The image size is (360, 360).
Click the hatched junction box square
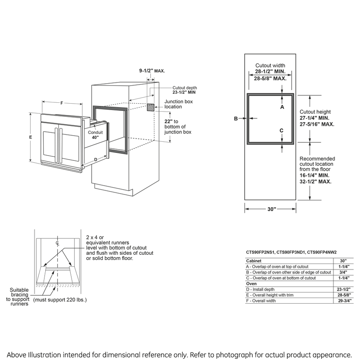click(x=151, y=107)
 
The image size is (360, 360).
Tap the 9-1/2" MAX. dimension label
click(x=152, y=71)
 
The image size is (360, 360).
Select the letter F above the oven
click(x=62, y=103)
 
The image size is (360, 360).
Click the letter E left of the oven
click(x=30, y=137)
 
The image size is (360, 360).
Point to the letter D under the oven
click(x=96, y=159)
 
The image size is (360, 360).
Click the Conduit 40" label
click(x=95, y=134)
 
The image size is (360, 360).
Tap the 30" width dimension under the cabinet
click(x=272, y=209)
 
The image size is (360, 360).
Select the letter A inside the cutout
click(x=282, y=107)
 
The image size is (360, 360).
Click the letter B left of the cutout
click(x=236, y=118)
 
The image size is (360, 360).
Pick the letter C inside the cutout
click(x=282, y=130)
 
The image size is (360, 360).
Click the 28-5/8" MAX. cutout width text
click(x=270, y=79)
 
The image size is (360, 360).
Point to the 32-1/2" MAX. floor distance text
click(x=315, y=181)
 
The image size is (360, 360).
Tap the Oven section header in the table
click(x=251, y=284)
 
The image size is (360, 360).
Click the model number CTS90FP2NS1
click(x=260, y=252)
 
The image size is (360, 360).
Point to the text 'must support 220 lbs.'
click(x=60, y=300)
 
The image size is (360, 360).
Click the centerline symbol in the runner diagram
click(x=58, y=243)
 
